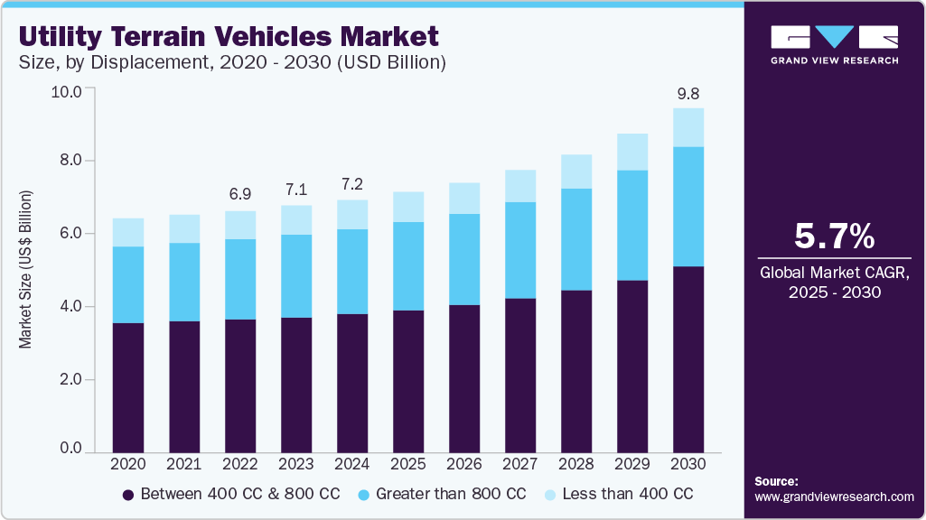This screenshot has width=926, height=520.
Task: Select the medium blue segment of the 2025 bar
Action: coord(408,266)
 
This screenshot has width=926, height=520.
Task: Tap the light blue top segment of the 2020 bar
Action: coord(127,232)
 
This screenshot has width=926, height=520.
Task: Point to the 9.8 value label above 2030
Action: coord(688,92)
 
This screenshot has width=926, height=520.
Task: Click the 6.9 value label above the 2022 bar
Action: coord(239,195)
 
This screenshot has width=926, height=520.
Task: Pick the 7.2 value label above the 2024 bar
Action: coord(352,184)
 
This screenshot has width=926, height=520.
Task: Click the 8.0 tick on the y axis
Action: coord(70,161)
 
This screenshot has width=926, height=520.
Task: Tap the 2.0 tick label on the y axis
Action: coord(70,380)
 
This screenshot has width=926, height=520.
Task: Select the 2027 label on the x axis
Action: coord(520,463)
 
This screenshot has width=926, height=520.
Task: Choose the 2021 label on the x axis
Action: coord(183,463)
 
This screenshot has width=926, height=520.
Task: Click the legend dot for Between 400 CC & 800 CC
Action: coord(127,495)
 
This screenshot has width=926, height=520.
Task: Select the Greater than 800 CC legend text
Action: coord(451,495)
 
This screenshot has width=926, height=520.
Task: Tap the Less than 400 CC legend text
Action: coord(627,495)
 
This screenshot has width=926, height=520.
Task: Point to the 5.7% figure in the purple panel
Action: coord(834,237)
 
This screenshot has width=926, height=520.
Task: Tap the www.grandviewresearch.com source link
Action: coord(834,497)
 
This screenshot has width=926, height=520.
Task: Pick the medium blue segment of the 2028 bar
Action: coord(576,239)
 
